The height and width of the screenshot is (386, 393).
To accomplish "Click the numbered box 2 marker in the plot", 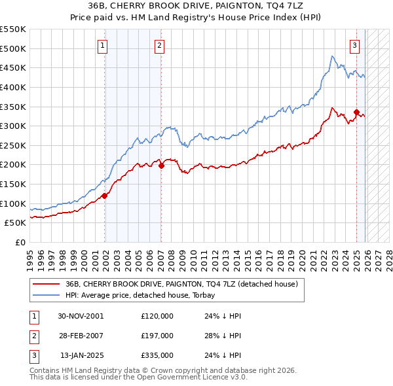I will (x=160, y=45).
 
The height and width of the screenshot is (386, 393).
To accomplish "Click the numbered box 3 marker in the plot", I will (x=354, y=45).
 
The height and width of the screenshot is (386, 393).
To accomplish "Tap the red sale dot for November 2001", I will (x=105, y=196).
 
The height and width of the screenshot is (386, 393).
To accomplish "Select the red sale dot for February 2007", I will (x=161, y=166).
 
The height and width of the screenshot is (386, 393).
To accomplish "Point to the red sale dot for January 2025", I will (x=356, y=112).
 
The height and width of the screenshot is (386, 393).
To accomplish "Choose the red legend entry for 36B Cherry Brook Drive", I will (x=181, y=284).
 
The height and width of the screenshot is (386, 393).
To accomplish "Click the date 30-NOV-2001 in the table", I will (x=81, y=316).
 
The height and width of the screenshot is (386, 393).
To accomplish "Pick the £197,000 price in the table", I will (x=157, y=336).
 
